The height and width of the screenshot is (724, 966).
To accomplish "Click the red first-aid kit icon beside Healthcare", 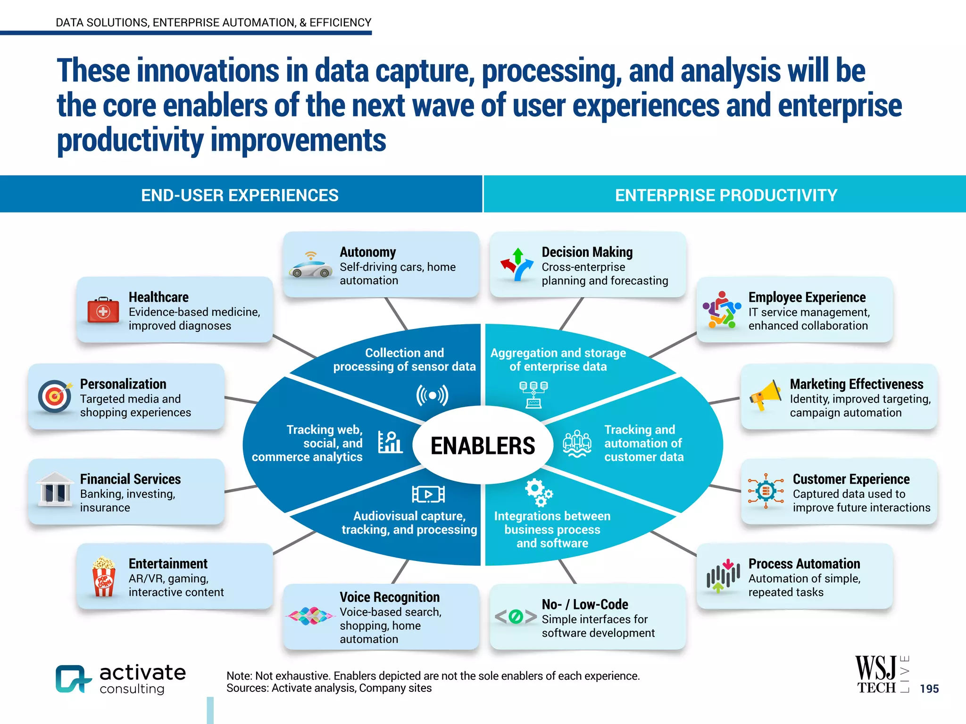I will click(103, 310).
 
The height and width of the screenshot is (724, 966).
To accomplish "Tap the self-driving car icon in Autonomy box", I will click(310, 266).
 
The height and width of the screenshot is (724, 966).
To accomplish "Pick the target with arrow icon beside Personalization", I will click(55, 396).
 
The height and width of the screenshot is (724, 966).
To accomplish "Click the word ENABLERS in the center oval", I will click(483, 445).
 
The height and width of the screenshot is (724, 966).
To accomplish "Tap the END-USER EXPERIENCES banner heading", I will click(240, 195).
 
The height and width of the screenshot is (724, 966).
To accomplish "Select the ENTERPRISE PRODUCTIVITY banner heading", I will click(726, 195).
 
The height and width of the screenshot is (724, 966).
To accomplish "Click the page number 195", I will click(929, 689).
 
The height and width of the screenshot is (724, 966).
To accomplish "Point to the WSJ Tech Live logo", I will click(881, 675).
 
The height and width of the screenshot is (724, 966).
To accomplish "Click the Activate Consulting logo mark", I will click(72, 679).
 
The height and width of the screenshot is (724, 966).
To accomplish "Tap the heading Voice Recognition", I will click(389, 597).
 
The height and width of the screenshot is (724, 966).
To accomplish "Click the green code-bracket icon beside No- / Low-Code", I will click(516, 617).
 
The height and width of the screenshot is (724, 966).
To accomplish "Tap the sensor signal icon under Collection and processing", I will click(432, 395).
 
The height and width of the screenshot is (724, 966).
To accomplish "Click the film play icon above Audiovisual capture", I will click(428, 494).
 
